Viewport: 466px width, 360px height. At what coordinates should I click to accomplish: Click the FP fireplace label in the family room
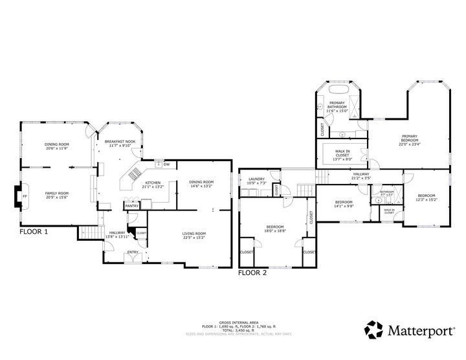tap(25, 196)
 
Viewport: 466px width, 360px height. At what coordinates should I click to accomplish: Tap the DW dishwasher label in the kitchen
tap(166, 164)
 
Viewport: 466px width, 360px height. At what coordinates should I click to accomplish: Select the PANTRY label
tap(132, 205)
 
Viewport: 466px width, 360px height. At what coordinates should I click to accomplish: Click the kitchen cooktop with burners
tap(135, 174)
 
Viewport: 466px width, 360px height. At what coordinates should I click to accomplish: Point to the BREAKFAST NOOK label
tap(122, 141)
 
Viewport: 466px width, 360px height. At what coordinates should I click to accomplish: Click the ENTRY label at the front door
tap(133, 252)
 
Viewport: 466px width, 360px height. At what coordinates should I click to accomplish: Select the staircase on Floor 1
tap(91, 232)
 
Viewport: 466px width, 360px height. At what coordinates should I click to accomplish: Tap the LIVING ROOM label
tap(194, 233)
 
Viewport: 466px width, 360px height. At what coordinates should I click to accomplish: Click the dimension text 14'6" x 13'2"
tap(201, 186)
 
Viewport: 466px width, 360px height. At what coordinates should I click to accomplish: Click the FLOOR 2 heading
tap(252, 273)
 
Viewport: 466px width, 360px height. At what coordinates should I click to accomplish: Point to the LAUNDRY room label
tap(256, 179)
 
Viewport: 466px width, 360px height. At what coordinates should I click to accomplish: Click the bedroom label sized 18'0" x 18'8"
tap(275, 226)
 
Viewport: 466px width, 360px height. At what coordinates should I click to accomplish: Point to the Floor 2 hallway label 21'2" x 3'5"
tap(361, 174)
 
